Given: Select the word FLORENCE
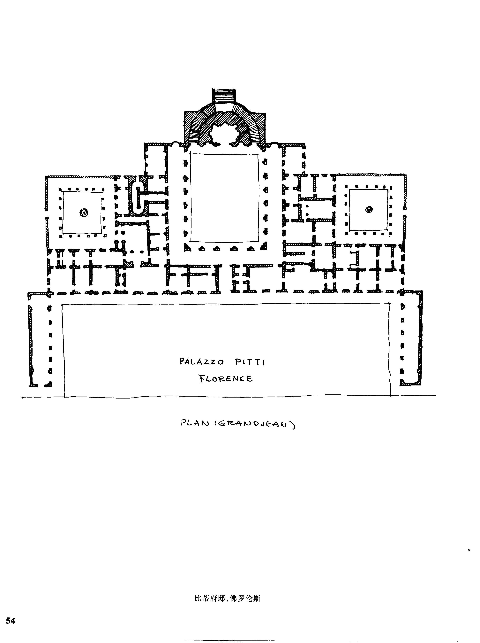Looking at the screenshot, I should coord(225,379).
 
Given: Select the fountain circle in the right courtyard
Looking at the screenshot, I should coord(369,209).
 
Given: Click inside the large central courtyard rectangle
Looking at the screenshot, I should coord(224,198).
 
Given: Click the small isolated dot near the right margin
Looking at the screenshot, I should coord(469,550).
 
